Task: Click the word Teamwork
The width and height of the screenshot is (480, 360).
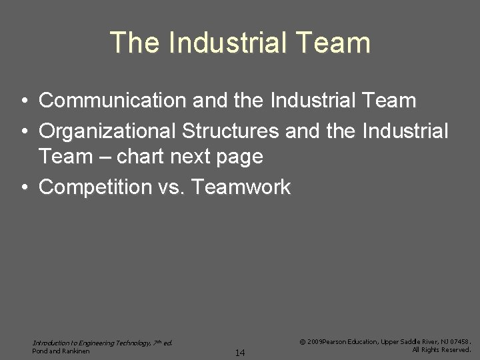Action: pos(241,187)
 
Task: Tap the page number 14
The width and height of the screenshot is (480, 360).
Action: pos(240,352)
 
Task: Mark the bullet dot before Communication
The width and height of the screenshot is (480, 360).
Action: pos(23,101)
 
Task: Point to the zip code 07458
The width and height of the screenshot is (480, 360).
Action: pos(458,341)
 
